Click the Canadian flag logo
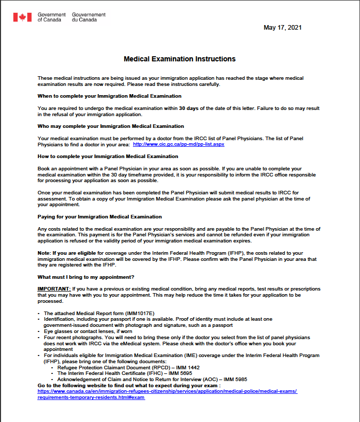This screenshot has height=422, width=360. pyautogui.click(x=22, y=17)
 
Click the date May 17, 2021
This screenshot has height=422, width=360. pyautogui.click(x=283, y=28)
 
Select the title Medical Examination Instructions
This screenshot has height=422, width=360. pyautogui.click(x=179, y=59)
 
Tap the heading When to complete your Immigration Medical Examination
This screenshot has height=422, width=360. pyautogui.click(x=109, y=96)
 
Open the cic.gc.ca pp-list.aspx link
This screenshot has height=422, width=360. pyautogui.click(x=178, y=144)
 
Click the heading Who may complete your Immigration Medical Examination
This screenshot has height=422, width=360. pyautogui.click(x=110, y=126)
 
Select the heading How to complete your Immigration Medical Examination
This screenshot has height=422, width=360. pyautogui.click(x=108, y=156)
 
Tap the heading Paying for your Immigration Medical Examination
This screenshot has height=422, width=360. pyautogui.click(x=100, y=217)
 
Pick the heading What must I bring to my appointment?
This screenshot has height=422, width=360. pyautogui.click(x=86, y=277)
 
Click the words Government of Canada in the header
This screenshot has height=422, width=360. pyautogui.click(x=52, y=17)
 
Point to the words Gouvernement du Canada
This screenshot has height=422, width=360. pyautogui.click(x=88, y=17)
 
